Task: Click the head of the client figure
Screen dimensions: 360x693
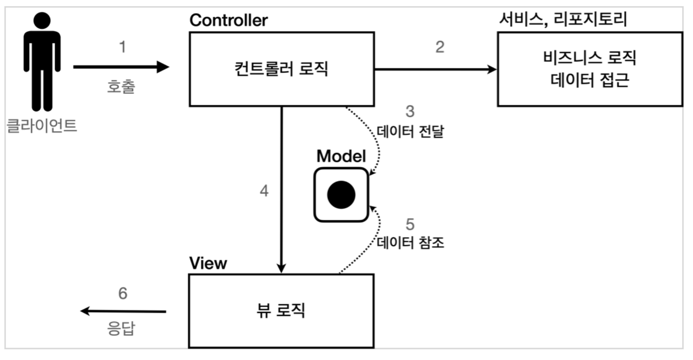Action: [42, 21]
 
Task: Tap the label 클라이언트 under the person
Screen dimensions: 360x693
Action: [42, 125]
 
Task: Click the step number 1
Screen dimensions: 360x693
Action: [122, 47]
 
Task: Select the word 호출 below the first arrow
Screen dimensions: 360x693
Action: [121, 87]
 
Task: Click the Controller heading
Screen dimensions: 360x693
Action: [228, 21]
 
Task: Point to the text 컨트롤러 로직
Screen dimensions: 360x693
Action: [281, 68]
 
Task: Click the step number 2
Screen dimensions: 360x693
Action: [440, 47]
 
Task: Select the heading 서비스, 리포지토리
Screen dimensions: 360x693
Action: [563, 19]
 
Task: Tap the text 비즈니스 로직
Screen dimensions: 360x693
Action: [590, 57]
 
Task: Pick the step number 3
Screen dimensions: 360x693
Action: [410, 112]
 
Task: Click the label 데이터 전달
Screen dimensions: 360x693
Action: [410, 132]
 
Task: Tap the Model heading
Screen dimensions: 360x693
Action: [341, 156]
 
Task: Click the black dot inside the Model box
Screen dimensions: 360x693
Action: [341, 195]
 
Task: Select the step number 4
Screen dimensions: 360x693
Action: [264, 191]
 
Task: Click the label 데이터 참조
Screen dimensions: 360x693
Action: [410, 243]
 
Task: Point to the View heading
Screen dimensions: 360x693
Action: [208, 263]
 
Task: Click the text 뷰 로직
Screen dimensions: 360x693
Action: [281, 310]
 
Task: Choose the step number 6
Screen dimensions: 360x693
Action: [123, 294]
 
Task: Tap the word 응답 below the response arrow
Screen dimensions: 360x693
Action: [121, 328]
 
